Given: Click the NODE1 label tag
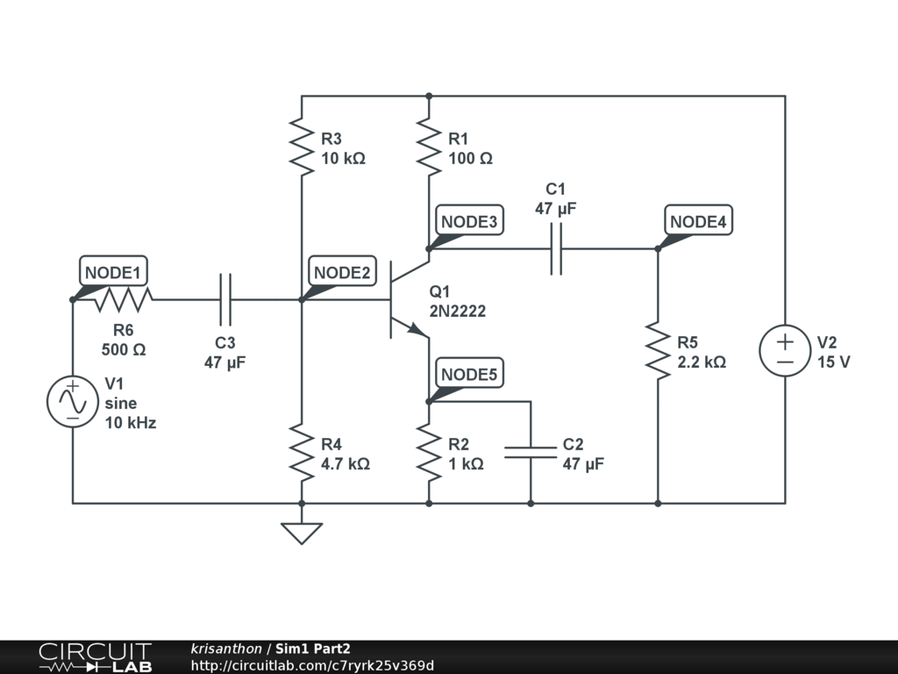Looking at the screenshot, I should (113, 272).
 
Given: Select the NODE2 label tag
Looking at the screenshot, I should (342, 272).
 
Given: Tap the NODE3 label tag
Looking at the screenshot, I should (469, 221).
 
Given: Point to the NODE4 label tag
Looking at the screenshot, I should (698, 221).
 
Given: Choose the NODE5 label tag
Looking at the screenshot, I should (469, 375).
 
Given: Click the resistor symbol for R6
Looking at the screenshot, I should (124, 300).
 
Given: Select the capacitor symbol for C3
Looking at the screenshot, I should (225, 300).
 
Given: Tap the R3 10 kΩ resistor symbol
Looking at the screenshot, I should (302, 147).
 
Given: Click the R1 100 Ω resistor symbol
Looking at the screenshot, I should (429, 147).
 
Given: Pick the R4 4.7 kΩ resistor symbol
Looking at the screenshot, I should (302, 453).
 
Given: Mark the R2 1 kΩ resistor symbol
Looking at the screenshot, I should (429, 453).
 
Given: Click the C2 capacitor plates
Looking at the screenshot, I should (531, 453).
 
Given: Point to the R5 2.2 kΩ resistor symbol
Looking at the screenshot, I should (658, 351).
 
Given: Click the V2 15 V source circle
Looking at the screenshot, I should (785, 351).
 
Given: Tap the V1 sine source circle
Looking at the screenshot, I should (73, 402).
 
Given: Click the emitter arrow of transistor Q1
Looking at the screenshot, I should (417, 329).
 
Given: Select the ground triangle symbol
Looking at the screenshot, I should (302, 533).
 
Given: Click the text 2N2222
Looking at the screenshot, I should (458, 311).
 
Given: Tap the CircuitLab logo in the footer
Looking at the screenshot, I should (95, 657).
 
